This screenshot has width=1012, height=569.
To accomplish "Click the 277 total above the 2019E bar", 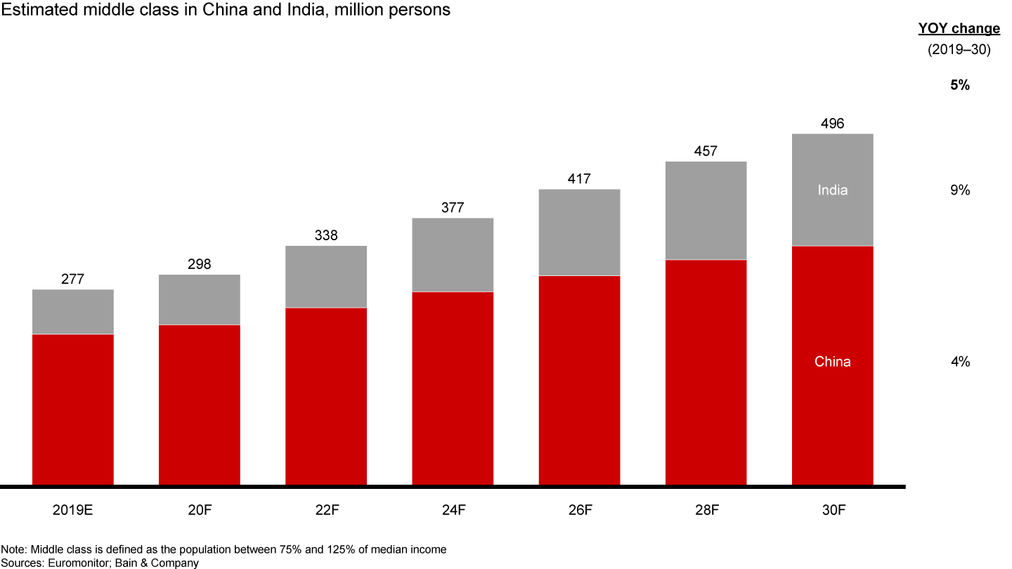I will pyautogui.click(x=73, y=279).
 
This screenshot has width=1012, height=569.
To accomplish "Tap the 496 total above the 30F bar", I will pyautogui.click(x=832, y=124).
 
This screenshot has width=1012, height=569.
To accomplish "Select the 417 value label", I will pyautogui.click(x=579, y=179).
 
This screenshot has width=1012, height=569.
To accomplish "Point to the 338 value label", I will pyautogui.click(x=326, y=235).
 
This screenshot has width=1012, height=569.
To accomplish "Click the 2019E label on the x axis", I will pyautogui.click(x=72, y=510).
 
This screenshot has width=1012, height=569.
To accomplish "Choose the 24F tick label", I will pyautogui.click(x=453, y=510).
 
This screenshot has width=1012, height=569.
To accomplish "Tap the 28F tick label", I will pyautogui.click(x=706, y=510).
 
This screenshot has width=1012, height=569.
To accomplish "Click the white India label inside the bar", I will pyautogui.click(x=832, y=190).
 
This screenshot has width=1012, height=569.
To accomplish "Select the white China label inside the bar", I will pyautogui.click(x=832, y=362).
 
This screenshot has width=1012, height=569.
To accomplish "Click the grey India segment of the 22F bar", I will pyautogui.click(x=326, y=277).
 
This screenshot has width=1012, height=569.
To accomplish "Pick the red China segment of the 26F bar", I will pyautogui.click(x=579, y=379).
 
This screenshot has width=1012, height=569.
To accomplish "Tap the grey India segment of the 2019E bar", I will pyautogui.click(x=73, y=312).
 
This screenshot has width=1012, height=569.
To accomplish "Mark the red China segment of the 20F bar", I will pyautogui.click(x=200, y=404).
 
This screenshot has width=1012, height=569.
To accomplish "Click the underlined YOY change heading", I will pyautogui.click(x=959, y=29).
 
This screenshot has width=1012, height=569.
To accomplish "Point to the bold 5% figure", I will pyautogui.click(x=959, y=86).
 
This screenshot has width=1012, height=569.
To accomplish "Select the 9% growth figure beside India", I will pyautogui.click(x=960, y=190).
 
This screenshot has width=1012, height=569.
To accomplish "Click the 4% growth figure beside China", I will pyautogui.click(x=960, y=362).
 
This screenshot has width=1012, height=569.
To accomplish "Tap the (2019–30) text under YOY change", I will pyautogui.click(x=959, y=50).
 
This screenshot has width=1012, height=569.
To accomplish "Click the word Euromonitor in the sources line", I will pyautogui.click(x=72, y=563).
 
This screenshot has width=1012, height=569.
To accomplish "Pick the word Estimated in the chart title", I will pyautogui.click(x=30, y=10).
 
